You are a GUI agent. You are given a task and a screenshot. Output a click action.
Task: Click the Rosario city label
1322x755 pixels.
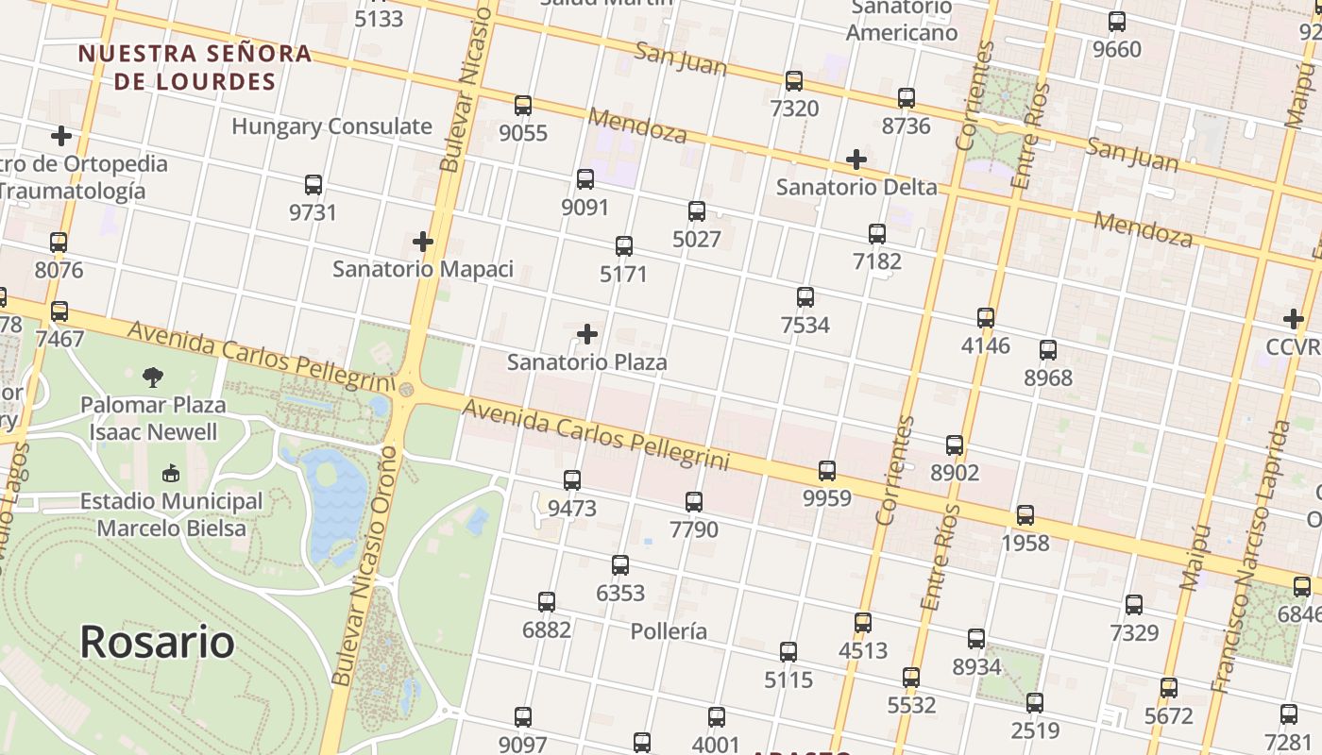[157, 642]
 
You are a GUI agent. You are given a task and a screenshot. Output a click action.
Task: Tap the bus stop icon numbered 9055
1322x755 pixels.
[523, 106]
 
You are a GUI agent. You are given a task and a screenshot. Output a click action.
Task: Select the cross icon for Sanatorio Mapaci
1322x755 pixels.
[423, 242]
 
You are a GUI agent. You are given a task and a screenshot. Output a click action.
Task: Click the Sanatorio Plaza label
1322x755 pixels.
[586, 361]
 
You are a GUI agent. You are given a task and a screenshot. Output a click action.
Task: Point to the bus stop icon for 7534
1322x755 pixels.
[805, 297]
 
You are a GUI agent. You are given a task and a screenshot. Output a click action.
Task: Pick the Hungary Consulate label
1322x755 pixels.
[331, 126]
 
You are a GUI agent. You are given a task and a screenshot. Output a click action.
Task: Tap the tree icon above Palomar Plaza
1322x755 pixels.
[153, 377]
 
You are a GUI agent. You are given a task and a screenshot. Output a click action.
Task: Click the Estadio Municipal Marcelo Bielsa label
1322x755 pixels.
[171, 514]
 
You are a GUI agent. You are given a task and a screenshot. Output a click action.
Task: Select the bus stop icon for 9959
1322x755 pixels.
[827, 470]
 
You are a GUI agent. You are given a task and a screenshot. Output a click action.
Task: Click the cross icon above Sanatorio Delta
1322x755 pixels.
[856, 159]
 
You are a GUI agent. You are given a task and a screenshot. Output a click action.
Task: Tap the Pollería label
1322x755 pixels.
[669, 630]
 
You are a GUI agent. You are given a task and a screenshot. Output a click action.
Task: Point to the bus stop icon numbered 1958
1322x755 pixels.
[1025, 515]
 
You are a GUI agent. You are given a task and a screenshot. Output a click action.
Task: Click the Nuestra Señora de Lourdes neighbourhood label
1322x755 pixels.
[195, 67]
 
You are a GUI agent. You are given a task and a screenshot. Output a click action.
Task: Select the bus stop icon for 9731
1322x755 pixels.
[314, 185]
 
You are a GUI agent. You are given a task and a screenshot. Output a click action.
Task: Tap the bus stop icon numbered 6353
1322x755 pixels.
[620, 565]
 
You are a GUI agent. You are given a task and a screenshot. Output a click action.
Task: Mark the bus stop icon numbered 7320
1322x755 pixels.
[794, 81]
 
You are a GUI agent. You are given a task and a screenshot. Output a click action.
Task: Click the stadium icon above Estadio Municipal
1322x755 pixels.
[171, 472]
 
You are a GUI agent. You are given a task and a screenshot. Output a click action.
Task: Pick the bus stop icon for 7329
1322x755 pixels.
[1134, 605]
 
